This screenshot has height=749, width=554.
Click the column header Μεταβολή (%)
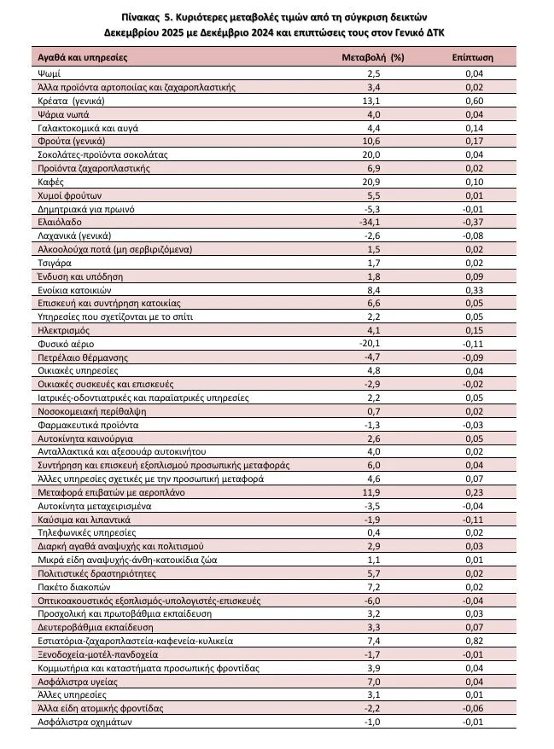(372, 58)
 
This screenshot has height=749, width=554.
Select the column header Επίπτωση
(473, 58)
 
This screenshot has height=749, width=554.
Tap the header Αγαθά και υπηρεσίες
(83, 58)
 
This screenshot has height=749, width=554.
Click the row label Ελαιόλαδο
(58, 222)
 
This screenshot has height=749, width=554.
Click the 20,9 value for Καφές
(372, 182)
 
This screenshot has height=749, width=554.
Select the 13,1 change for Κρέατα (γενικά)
(372, 100)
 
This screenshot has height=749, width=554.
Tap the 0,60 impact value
(474, 100)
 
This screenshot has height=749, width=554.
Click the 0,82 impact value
(474, 641)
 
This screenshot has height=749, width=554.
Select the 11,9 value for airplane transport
(372, 492)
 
